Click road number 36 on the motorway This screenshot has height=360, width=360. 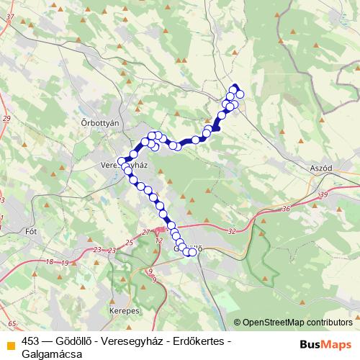pyautogui.click(x=286, y=209)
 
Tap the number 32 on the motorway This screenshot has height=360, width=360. pyautogui.click(x=231, y=231)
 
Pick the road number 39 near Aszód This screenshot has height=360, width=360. pyautogui.click(x=323, y=194)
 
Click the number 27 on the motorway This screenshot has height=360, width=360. pyautogui.click(x=146, y=232)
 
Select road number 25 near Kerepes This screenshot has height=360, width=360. pyautogui.click(x=130, y=242)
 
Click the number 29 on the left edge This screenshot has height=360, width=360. pyautogui.click(x=6, y=118)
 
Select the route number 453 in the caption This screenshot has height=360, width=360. pyautogui.click(x=30, y=341)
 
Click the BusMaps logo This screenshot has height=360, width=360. pyautogui.click(x=327, y=344)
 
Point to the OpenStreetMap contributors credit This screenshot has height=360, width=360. pyautogui.click(x=297, y=323)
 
